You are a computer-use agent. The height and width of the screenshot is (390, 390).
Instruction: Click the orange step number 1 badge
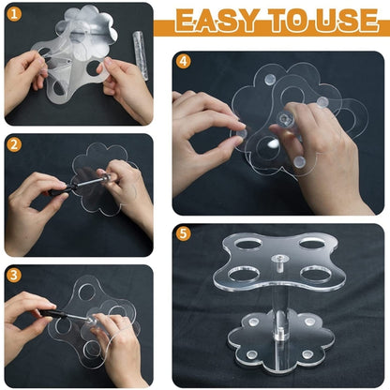pyautogui.click(x=14, y=14)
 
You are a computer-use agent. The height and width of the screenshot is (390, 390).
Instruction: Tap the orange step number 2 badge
pyautogui.click(x=14, y=144)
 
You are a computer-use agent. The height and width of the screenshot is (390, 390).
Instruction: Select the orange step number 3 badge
pyautogui.click(x=14, y=276)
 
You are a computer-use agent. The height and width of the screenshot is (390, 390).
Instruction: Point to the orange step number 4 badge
pyautogui.click(x=183, y=61)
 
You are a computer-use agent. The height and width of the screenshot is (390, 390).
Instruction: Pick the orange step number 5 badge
pyautogui.click(x=183, y=233)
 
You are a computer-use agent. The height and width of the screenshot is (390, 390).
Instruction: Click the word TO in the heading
pyautogui.click(x=288, y=21)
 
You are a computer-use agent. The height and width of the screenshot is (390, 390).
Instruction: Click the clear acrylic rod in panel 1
pyautogui.click(x=141, y=55)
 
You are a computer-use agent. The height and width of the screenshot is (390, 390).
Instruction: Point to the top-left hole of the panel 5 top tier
pyautogui.click(x=248, y=245)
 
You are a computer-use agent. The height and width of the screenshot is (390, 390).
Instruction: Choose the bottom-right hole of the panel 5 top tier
pyautogui.click(x=317, y=274)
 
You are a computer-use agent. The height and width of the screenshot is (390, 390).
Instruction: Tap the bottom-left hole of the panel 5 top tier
pyautogui.click(x=245, y=275)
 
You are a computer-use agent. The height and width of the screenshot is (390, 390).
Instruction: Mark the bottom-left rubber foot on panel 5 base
pyautogui.click(x=251, y=354)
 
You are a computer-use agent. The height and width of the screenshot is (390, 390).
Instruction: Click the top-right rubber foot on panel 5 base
pyautogui.click(x=309, y=322)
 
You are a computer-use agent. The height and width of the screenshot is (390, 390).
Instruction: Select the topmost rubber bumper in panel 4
pyautogui.click(x=270, y=80)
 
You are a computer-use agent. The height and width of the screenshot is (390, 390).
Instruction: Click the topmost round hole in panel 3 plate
pyautogui.click(x=87, y=292)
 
